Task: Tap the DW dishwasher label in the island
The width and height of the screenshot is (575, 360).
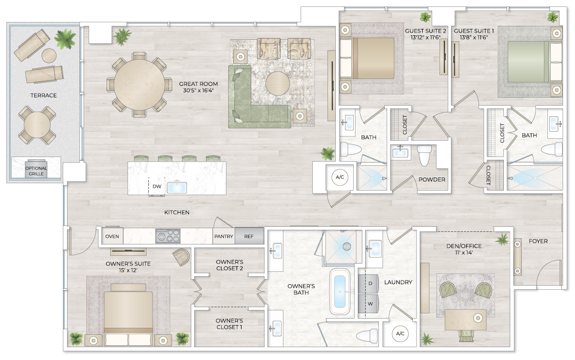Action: [157, 186]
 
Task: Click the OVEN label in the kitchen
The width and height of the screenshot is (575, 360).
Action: [112, 236]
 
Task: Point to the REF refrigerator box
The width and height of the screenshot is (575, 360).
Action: [249, 236]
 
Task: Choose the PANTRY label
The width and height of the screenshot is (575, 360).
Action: [224, 236]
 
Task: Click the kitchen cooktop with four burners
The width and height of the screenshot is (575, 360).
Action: [168, 236]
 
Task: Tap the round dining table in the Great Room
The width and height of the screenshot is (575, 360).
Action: [140, 84]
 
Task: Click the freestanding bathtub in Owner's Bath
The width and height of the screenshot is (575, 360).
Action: [340, 292]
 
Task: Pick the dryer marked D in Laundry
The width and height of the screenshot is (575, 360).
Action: [370, 283]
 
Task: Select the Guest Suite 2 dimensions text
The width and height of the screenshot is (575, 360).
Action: [426, 38]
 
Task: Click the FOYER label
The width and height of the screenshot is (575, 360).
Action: [538, 241]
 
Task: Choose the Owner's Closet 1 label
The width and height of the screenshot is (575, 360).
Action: [229, 324]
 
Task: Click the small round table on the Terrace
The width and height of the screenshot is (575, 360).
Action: [49, 56]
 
